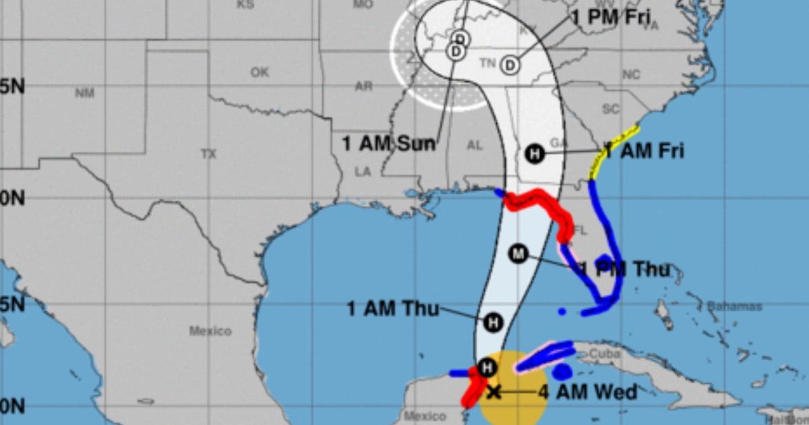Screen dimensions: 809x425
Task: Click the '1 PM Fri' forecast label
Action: click(611, 18)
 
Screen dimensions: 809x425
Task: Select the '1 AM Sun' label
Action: click(388, 144)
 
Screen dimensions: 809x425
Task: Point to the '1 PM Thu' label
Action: click(625, 270)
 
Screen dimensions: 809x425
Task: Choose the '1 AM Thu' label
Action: click(392, 310)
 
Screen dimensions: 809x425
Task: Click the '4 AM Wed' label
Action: click(587, 392)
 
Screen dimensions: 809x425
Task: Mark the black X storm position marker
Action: click(493, 392)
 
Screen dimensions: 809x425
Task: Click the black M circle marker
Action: click(518, 254)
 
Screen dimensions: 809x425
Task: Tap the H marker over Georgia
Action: click(535, 154)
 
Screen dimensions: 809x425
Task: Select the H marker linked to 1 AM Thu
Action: click(493, 322)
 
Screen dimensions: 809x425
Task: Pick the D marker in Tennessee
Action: click(510, 65)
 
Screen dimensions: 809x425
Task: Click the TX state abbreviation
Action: click(208, 154)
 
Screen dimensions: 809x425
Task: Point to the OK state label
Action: click(260, 72)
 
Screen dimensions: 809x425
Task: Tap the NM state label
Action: click(84, 93)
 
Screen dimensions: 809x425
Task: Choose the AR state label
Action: click(363, 86)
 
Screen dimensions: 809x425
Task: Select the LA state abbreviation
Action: click(363, 172)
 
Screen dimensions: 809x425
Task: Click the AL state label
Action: click(475, 145)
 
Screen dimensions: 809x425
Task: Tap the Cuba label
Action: click(604, 353)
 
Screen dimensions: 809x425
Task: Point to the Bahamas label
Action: click(734, 307)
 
